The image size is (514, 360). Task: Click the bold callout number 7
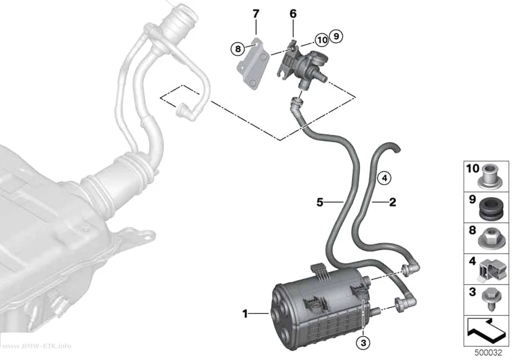tap(256, 14)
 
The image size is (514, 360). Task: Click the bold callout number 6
tap(293, 14)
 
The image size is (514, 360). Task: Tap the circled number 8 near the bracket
tap(237, 49)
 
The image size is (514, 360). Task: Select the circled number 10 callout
tap(322, 40)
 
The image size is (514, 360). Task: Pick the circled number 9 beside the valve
tap(336, 36)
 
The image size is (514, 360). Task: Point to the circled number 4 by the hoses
tap(384, 178)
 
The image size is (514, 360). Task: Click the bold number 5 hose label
tap(320, 202)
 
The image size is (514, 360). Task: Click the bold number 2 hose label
tap(393, 202)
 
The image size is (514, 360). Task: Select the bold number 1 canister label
tap(245, 314)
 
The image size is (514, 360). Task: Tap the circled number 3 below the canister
tap(363, 343)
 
